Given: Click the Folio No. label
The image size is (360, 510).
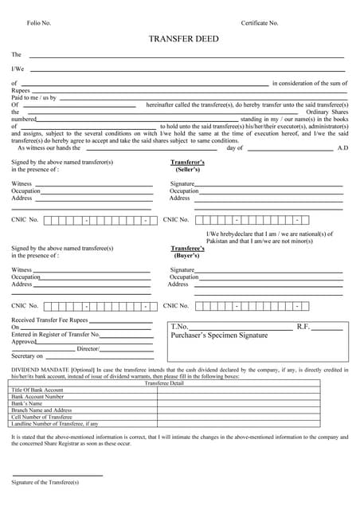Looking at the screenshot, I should pos(39,23).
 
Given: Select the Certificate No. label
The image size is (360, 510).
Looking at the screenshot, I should pos(260,23).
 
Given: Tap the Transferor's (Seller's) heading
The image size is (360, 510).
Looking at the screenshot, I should pos(188,166).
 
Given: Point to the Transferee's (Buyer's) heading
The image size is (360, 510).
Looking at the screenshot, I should pos(188,252).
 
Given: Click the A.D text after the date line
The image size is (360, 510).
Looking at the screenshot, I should pos(342,148).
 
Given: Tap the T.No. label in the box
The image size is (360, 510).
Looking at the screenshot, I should pos(180,327).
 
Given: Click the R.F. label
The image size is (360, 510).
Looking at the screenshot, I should pos(303,327).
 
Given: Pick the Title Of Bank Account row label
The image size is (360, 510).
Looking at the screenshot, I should pos(37,390).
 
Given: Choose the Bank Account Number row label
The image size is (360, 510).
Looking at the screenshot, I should pos(37,396).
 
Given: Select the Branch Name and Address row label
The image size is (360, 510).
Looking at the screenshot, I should pos(41,410).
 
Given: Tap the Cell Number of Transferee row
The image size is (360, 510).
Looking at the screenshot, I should pos(41,417).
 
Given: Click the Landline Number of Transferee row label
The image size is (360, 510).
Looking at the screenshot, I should pos(55,424).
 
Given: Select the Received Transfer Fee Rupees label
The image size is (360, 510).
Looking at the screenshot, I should pos(49,320).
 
